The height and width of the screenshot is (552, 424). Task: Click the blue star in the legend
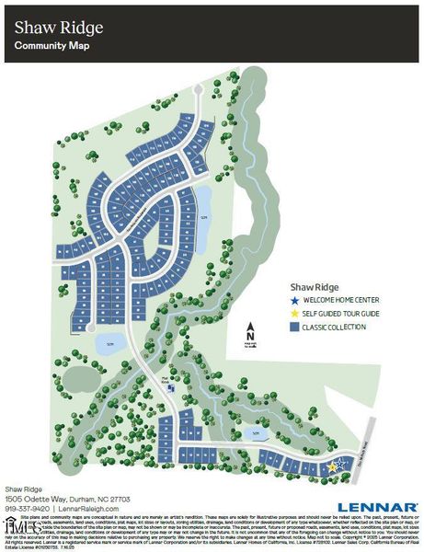pos(293,300)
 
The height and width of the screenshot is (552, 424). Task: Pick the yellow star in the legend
pos(293,314)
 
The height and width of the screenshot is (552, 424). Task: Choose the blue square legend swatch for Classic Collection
pos(293,328)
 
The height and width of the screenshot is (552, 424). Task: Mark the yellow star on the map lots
pos(333,467)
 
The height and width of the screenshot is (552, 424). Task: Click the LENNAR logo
pos(377,506)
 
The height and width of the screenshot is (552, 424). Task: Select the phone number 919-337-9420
pos(28,507)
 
